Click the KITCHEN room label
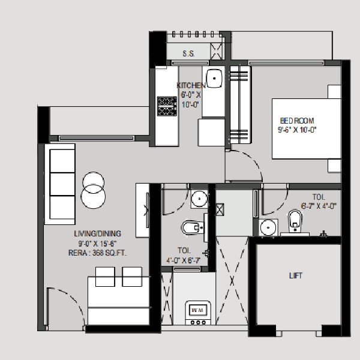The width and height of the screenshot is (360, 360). [191, 85]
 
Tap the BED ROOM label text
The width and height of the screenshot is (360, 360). [297, 121]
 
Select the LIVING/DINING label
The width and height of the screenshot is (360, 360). [97, 234]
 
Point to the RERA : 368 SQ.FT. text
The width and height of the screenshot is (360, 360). [97, 253]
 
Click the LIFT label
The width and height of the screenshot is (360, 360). [296, 275]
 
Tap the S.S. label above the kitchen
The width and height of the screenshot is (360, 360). [189, 54]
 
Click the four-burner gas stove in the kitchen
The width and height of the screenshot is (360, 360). [167, 106]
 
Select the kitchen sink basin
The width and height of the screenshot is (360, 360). [214, 78]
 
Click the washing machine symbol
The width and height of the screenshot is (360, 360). [198, 313]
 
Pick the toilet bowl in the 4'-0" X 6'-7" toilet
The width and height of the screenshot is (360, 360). [193, 227]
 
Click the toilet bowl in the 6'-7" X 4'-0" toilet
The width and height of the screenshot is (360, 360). [295, 221]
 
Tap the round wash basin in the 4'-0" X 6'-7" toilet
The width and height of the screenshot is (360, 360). [199, 199]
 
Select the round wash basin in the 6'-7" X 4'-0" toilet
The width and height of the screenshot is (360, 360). [268, 227]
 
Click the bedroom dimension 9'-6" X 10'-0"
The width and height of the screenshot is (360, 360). [297, 130]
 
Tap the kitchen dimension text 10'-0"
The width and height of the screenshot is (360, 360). [190, 104]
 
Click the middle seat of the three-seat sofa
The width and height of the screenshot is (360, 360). [62, 184]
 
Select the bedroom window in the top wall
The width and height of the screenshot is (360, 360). [286, 63]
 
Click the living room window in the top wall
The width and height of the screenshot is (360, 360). [97, 138]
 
